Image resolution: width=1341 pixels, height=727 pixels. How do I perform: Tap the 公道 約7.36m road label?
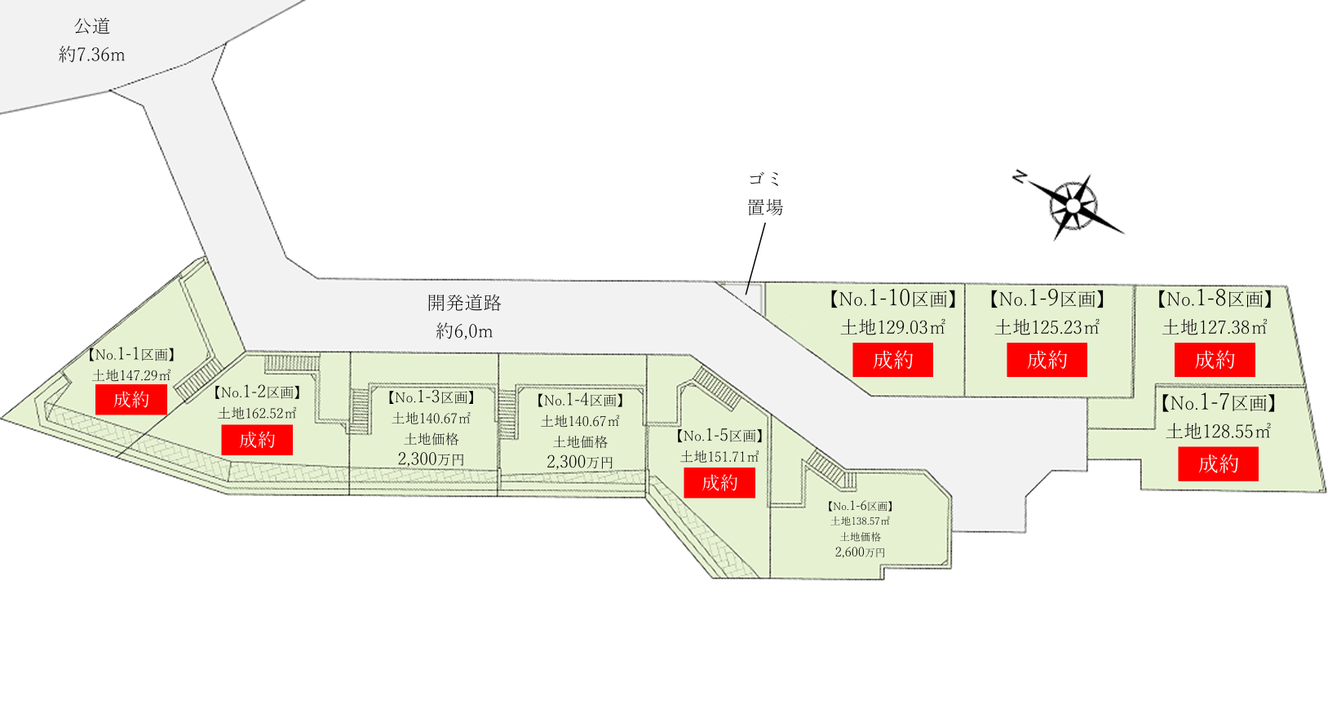coord(92,41)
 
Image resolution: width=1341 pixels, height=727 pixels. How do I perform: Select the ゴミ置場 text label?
coord(765,193)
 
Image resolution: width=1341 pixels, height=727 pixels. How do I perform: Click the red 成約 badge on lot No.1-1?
coord(131,400)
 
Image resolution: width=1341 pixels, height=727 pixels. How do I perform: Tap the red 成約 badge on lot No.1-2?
coord(257,441)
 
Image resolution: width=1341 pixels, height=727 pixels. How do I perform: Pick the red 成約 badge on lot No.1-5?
coord(719,483)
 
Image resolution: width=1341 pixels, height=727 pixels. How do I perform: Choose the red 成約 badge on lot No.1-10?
coord(892,360)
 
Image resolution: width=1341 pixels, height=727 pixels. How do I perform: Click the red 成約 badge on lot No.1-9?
coord(1047,360)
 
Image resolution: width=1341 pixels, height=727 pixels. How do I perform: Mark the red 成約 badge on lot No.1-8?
coord(1215,360)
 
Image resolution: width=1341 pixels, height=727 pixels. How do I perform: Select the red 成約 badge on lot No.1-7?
coord(1218,464)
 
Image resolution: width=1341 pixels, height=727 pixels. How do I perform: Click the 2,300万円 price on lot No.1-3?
coord(431,459)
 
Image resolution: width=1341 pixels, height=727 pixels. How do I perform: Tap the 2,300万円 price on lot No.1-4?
coord(579,462)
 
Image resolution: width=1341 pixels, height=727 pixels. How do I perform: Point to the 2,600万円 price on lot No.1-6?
coord(860,552)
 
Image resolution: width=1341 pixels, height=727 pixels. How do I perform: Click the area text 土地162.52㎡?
coord(257,414)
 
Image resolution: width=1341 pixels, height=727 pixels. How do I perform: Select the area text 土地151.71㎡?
coord(719,457)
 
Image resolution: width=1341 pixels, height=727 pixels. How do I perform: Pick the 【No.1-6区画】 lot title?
coord(861,507)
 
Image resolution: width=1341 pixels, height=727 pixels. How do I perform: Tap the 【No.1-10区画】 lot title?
coord(892,299)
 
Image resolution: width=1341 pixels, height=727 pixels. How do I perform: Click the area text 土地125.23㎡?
coord(1047,328)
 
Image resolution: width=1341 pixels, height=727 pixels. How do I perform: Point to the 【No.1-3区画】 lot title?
coord(431,398)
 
